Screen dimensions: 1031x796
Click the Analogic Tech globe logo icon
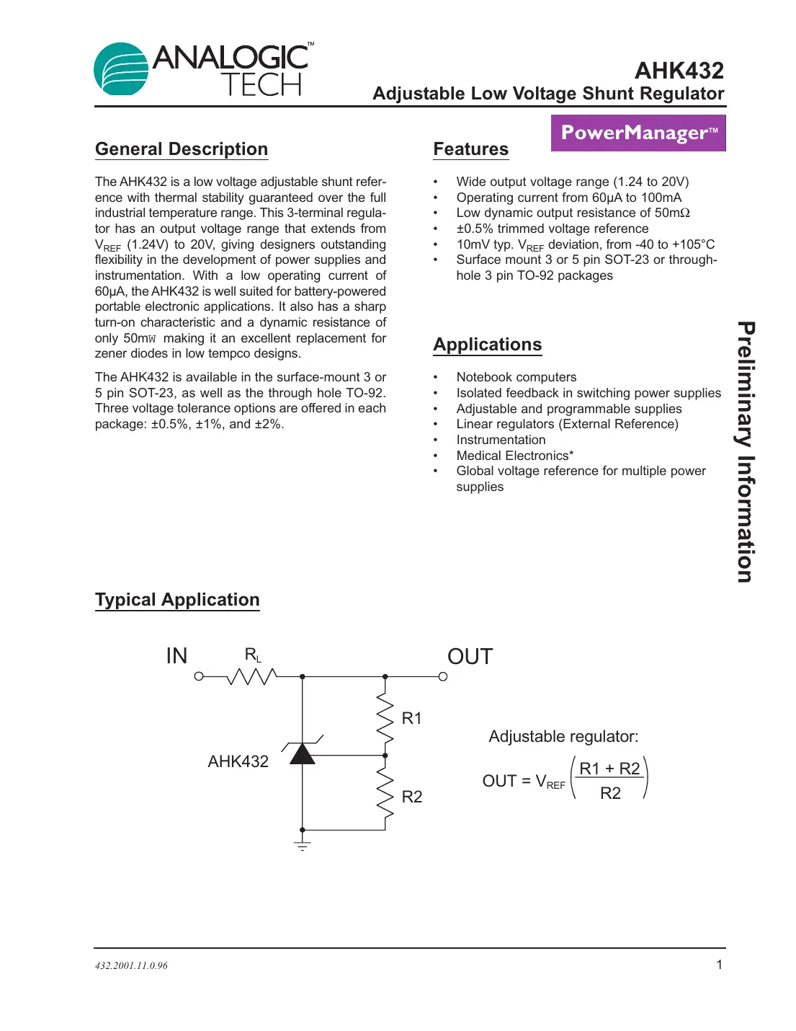(121, 69)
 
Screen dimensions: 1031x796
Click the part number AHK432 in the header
(679, 71)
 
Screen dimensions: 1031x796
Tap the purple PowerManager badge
(638, 133)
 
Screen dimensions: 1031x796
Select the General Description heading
(182, 149)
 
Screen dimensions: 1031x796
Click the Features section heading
(470, 149)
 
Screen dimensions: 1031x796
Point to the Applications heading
(487, 345)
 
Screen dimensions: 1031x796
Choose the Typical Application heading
(177, 600)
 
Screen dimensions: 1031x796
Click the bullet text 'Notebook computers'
(516, 377)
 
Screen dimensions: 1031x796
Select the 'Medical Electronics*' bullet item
(514, 456)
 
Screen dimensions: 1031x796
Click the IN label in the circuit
(176, 656)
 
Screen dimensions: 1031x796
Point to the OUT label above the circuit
(470, 657)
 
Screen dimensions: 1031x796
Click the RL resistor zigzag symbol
(251, 676)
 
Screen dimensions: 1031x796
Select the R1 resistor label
(411, 718)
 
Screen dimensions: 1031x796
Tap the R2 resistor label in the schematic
(411, 797)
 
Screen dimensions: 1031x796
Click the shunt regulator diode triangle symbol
(303, 754)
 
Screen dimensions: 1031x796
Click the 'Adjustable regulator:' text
(563, 737)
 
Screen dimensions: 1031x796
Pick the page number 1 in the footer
(718, 965)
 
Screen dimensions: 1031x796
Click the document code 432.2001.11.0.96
(131, 965)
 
